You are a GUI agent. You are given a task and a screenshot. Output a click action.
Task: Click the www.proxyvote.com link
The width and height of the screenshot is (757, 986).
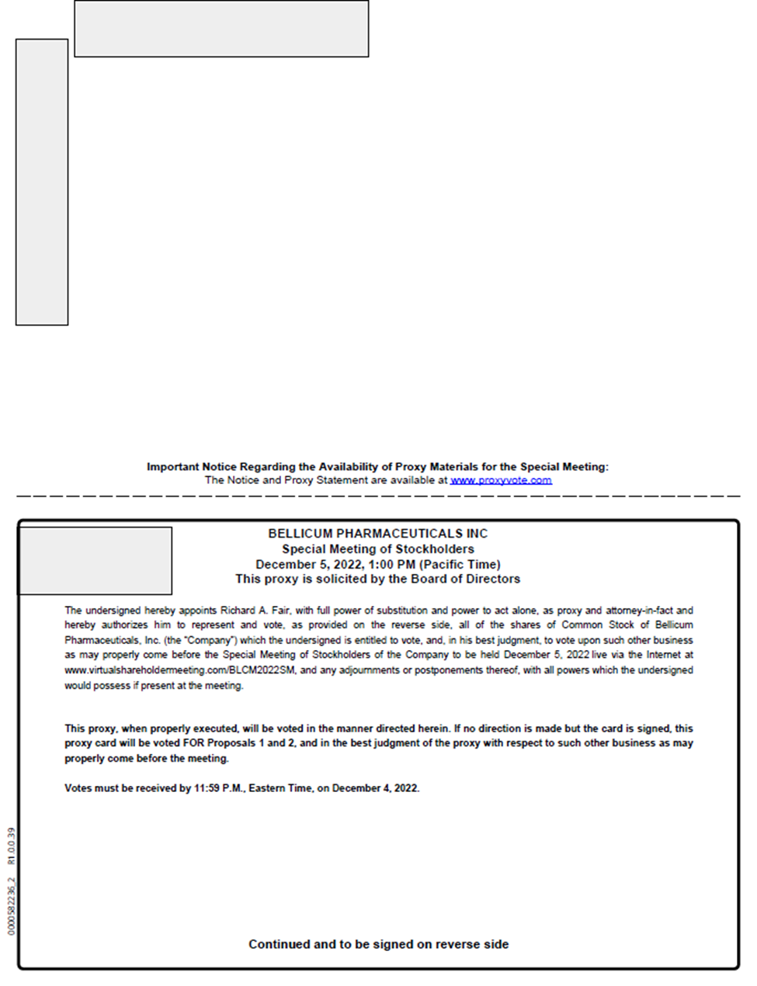[x=501, y=480]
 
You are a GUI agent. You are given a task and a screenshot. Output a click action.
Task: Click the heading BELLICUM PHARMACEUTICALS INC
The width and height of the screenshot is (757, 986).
[x=377, y=534]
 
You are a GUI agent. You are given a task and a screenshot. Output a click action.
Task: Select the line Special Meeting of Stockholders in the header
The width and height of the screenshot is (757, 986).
[x=377, y=549]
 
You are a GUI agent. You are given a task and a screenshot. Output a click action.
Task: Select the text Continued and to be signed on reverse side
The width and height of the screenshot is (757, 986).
[x=378, y=944]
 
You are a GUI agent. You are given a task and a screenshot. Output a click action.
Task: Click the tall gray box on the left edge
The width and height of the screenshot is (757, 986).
[x=42, y=182]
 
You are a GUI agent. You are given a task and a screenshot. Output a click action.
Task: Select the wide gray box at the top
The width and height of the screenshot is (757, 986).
[x=221, y=29]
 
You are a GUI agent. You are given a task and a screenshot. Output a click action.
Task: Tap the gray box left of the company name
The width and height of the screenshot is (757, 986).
[x=95, y=561]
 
